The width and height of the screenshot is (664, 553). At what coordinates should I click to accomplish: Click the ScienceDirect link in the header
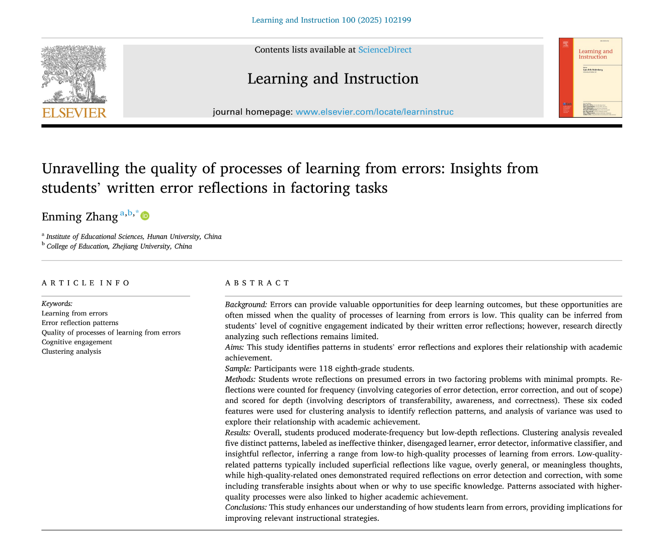385,50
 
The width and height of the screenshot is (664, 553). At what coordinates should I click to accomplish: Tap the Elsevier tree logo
74,74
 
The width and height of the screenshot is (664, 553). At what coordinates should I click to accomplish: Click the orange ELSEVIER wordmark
74,113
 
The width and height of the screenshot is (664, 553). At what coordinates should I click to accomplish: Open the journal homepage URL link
374,112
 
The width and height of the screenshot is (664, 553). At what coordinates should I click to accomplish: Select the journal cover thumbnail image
590,77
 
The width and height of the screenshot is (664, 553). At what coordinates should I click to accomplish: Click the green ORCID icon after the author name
145,216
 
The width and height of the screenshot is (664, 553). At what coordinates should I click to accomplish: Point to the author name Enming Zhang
80,217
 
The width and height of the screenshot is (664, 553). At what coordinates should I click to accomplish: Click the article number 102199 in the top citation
397,20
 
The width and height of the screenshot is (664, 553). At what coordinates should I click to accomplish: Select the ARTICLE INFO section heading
86,283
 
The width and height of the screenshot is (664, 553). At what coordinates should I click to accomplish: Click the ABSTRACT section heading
258,283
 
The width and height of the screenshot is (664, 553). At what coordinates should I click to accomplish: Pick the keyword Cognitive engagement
77,342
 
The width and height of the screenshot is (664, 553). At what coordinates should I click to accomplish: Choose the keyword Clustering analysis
71,352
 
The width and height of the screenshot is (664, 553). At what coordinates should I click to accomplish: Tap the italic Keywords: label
57,303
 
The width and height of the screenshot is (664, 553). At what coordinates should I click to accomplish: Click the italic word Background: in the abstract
246,304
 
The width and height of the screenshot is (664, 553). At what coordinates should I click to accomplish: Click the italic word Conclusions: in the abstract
246,507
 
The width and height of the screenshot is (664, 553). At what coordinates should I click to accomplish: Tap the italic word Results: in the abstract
238,433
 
